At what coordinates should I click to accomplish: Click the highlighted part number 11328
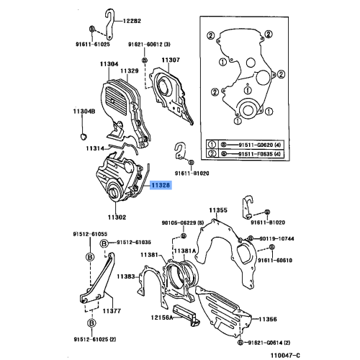pos(161,184)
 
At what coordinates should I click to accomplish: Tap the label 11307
pos(170,60)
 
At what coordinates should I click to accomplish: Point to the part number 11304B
pos(84,111)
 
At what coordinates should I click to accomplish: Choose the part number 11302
pos(117,217)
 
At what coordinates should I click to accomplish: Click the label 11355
pos(218,210)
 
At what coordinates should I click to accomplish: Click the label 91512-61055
pos(89,234)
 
